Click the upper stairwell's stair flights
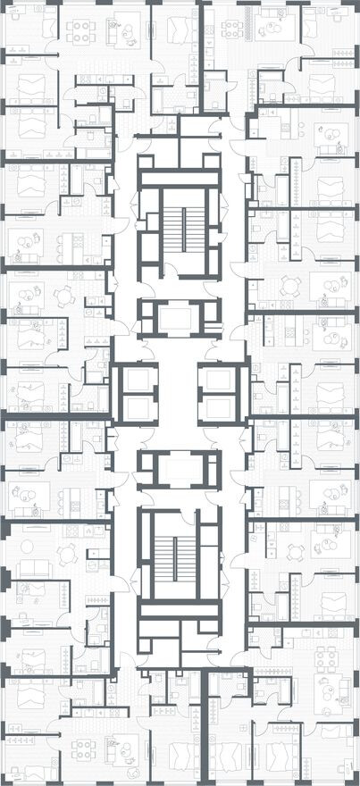180,233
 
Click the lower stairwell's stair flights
180,552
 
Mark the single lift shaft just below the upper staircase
180,318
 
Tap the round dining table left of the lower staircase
68,555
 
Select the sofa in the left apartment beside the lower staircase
36,570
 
